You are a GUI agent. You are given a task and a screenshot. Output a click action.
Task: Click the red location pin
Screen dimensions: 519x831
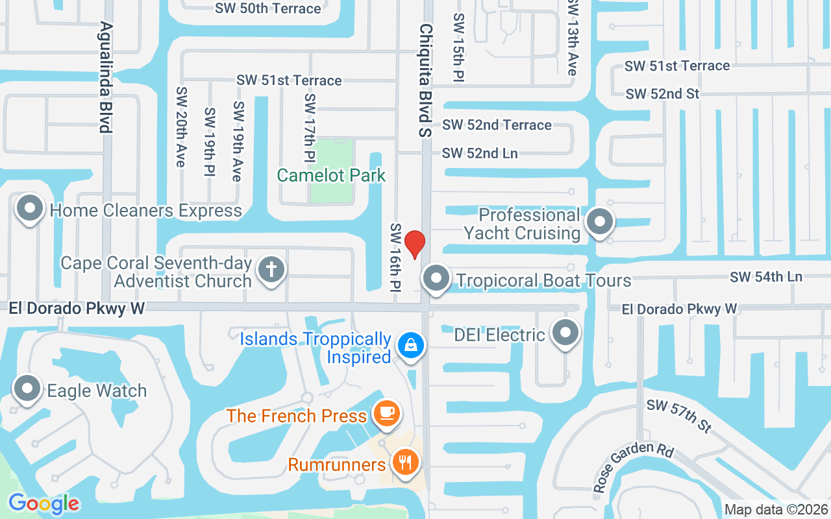[414, 244]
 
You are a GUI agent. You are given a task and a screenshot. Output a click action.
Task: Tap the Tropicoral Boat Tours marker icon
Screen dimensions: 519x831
[436, 279]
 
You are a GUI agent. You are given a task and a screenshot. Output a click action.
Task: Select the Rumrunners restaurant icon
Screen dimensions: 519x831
[406, 463]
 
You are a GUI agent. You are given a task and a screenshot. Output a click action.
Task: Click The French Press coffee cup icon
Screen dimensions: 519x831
[387, 413]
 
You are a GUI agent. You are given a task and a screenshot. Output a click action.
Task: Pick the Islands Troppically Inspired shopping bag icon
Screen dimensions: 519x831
[411, 344]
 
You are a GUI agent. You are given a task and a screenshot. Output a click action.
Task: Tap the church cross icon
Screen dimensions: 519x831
[271, 269]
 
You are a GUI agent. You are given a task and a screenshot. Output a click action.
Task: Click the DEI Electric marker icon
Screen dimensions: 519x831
[565, 333]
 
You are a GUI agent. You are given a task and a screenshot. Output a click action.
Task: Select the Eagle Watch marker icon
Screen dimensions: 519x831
[27, 389]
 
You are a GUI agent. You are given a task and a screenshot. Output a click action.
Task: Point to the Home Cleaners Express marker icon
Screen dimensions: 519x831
[30, 209]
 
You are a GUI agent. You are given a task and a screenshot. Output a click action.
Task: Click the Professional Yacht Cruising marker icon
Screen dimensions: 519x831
[600, 222]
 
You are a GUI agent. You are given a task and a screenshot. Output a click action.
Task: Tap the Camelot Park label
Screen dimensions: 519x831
[331, 175]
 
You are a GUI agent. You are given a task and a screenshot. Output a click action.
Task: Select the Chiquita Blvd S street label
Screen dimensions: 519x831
[425, 80]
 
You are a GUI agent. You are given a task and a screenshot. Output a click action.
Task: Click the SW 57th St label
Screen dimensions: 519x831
[678, 417]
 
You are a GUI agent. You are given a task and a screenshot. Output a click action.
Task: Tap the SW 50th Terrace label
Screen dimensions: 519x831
[268, 8]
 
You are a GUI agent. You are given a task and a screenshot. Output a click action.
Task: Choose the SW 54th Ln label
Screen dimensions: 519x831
[766, 277]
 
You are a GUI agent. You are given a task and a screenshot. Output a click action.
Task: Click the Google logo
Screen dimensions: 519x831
[43, 503]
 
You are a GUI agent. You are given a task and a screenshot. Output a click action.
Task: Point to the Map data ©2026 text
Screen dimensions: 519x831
[775, 510]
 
